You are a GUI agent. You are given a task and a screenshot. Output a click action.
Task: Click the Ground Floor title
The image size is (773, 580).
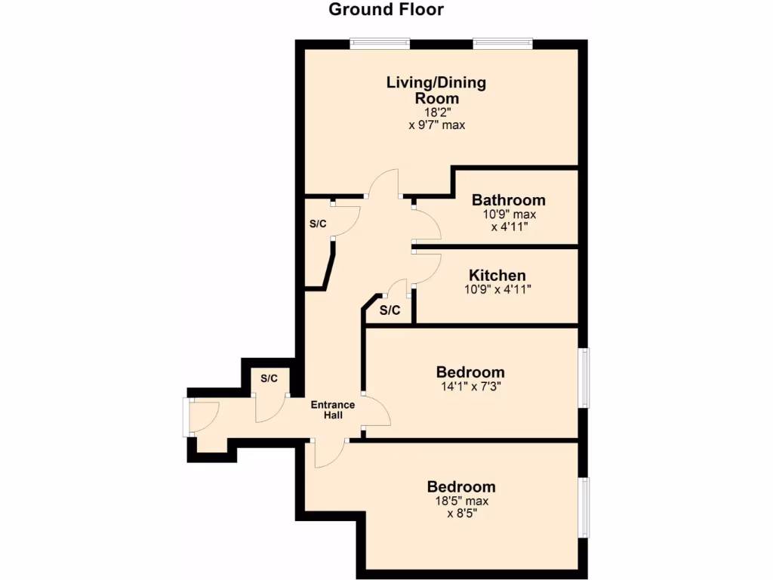click(386, 10)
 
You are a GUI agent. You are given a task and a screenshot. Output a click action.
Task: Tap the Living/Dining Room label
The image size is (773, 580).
click(436, 90)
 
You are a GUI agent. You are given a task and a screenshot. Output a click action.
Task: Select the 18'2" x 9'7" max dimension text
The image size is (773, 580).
click(436, 119)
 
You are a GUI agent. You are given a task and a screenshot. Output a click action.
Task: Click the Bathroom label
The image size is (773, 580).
click(508, 200)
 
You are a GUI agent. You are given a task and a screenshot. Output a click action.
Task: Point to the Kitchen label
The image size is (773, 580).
click(497, 275)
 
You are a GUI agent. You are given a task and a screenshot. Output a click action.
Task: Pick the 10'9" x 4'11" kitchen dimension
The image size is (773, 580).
click(497, 288)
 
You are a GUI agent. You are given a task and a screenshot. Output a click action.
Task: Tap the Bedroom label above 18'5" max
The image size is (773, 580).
click(460, 486)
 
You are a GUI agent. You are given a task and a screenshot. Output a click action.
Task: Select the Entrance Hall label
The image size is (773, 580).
click(333, 410)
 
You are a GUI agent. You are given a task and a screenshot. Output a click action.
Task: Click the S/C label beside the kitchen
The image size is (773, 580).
click(390, 310)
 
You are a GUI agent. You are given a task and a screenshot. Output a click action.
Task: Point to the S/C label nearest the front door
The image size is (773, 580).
click(269, 378)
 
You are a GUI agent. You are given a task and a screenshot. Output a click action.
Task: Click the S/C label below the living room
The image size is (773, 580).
click(318, 224)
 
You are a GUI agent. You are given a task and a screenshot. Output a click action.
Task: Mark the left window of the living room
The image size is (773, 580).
click(380, 44)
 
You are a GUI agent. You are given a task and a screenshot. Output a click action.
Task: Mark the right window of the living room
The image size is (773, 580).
click(503, 44)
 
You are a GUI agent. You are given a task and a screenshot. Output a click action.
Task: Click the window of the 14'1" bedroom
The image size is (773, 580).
click(584, 378)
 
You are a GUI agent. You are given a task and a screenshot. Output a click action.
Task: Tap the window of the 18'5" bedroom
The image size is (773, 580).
click(584, 507)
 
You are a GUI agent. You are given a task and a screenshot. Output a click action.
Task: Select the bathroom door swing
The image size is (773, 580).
click(427, 225)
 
